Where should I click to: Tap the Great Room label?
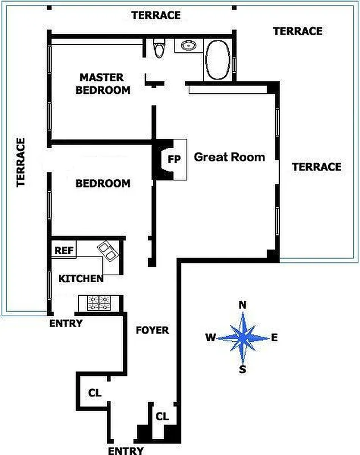coord(230,157)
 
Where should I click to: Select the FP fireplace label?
coord(174,159)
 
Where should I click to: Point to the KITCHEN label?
coord(81,278)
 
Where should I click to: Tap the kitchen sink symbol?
coord(107,251)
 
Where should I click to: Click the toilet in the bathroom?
coord(159,48)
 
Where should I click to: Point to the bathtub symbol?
coord(217,61)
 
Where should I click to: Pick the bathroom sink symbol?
coord(188,45)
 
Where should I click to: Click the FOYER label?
coord(152,330)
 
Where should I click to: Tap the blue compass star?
coord(243,338)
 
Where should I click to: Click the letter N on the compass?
coord(243,305)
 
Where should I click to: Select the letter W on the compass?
coord(210,338)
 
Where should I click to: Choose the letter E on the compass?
coord(274,338)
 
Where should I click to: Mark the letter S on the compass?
coord(243,370)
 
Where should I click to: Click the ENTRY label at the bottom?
coord(126,450)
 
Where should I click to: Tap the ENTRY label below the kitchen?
coord(66,324)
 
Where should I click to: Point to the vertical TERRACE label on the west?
coord(21,162)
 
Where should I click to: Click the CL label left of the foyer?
coord(95,392)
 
